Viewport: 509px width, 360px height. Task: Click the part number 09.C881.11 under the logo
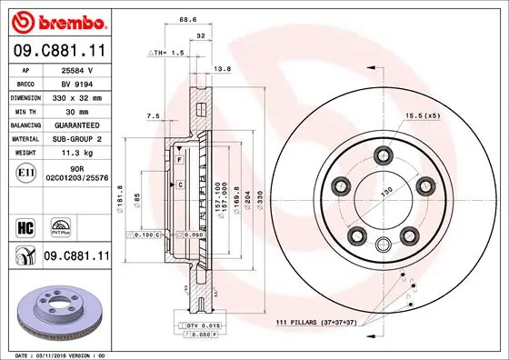[57, 51]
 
